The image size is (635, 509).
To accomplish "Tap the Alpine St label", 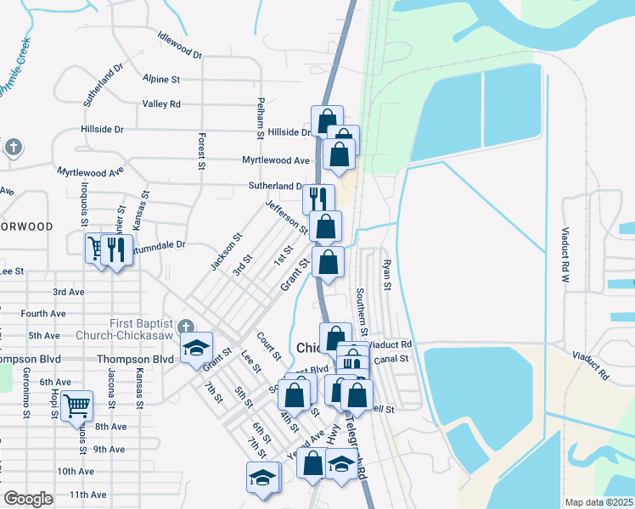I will [x=162, y=79].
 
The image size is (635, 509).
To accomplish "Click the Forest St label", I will [x=202, y=151].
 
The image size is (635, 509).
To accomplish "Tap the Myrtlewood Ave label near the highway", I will [x=276, y=159].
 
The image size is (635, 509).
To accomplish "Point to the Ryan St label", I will [x=385, y=275].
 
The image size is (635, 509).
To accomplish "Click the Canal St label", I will [x=391, y=359].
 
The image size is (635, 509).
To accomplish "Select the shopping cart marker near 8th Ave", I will [x=76, y=406].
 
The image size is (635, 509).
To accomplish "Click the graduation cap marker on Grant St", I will [x=196, y=349].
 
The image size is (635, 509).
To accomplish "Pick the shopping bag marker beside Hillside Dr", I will [x=326, y=120].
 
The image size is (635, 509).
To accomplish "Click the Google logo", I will [x=28, y=499].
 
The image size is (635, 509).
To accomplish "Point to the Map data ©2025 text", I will [x=599, y=502].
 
